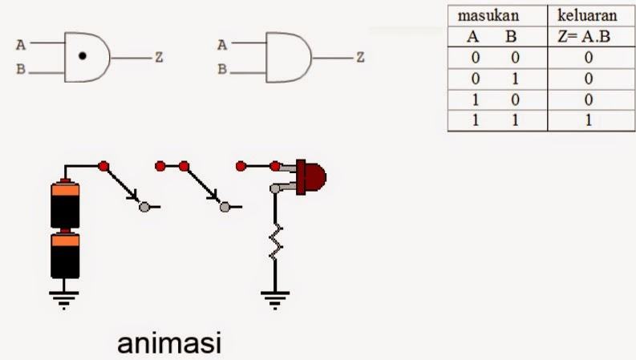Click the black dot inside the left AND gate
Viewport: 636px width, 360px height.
(x=83, y=58)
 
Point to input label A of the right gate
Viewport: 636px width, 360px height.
(x=221, y=46)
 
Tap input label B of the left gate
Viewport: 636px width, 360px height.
(x=20, y=70)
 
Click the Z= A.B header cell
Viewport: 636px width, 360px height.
(x=589, y=37)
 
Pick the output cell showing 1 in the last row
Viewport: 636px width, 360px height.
(x=588, y=121)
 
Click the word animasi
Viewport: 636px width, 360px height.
(x=168, y=343)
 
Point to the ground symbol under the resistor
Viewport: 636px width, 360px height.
(x=274, y=301)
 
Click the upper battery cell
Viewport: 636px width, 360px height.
(x=66, y=204)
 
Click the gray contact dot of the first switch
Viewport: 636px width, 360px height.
(x=144, y=207)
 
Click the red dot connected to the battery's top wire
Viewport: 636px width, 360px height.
(x=103, y=166)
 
